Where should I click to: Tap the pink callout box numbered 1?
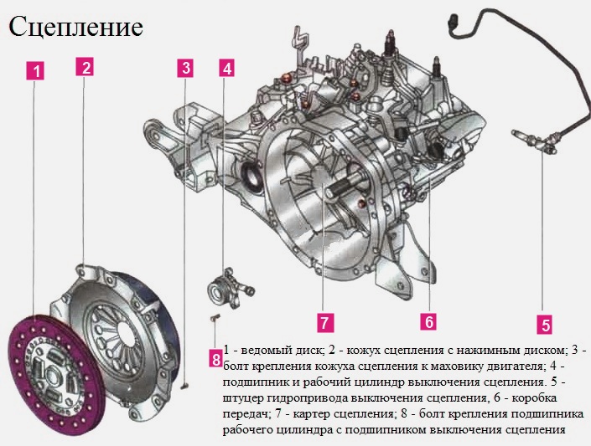(34, 71)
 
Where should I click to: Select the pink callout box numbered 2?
(84, 66)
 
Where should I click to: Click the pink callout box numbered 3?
(186, 68)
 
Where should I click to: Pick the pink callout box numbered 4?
(226, 68)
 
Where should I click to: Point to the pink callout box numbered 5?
(544, 325)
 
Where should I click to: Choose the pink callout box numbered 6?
(428, 320)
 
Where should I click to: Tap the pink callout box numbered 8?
(215, 360)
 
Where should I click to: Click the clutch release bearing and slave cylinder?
(229, 288)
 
